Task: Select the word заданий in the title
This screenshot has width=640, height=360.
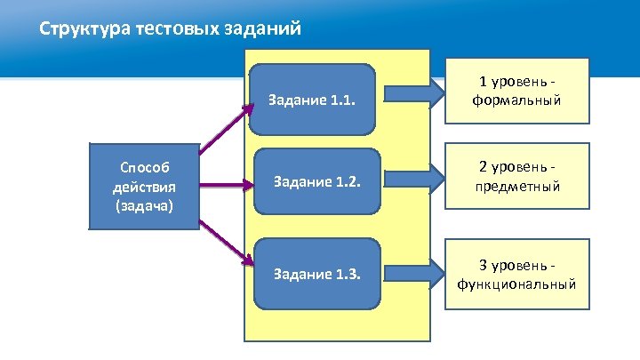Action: point(261,29)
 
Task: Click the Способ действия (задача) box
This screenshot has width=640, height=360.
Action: point(143,186)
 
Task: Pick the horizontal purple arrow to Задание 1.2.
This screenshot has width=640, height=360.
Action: point(226,186)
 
